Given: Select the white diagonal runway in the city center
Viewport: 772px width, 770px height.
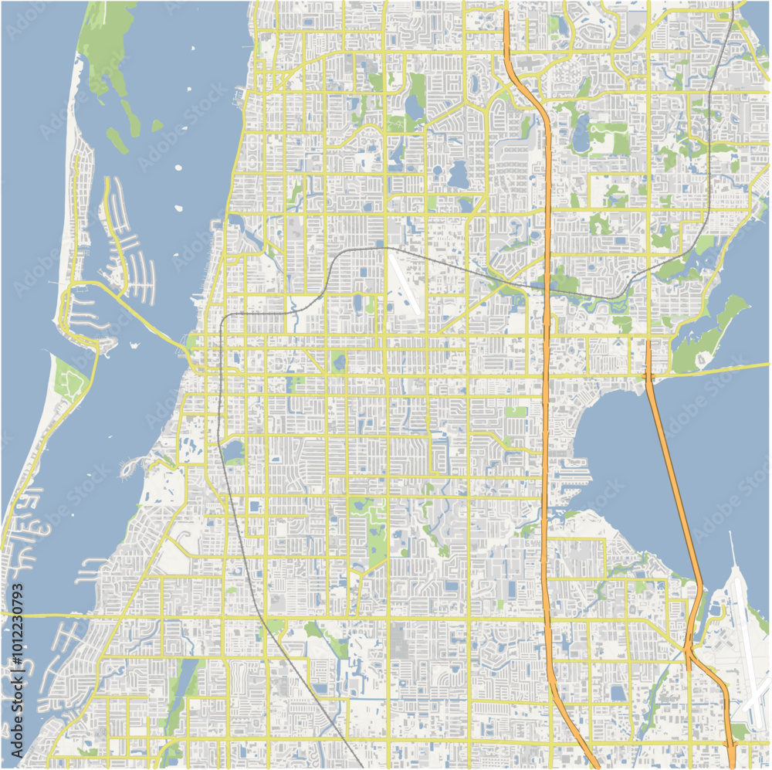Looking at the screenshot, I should [x=404, y=284].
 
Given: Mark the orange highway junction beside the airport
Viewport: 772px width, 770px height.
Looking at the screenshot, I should [x=689, y=647].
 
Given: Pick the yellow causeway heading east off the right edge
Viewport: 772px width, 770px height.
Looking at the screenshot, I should [x=718, y=369].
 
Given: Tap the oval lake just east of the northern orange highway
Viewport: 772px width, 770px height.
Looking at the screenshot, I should [x=581, y=135].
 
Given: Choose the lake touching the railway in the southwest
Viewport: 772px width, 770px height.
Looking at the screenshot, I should [x=232, y=451].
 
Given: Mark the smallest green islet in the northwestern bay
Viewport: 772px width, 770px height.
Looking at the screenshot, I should [x=157, y=125].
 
